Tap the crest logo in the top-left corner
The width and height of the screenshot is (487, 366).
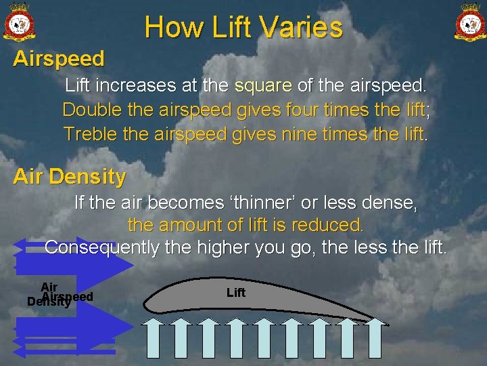(x=20, y=22)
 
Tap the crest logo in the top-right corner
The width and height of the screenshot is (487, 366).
(x=468, y=22)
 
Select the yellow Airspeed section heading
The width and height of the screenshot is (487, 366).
(x=59, y=59)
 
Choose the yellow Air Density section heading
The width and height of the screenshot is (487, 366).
(x=70, y=178)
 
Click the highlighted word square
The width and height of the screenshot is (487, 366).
(x=263, y=87)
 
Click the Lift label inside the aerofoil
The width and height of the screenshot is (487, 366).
(x=236, y=293)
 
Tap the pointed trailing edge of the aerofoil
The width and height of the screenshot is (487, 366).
(x=388, y=325)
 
